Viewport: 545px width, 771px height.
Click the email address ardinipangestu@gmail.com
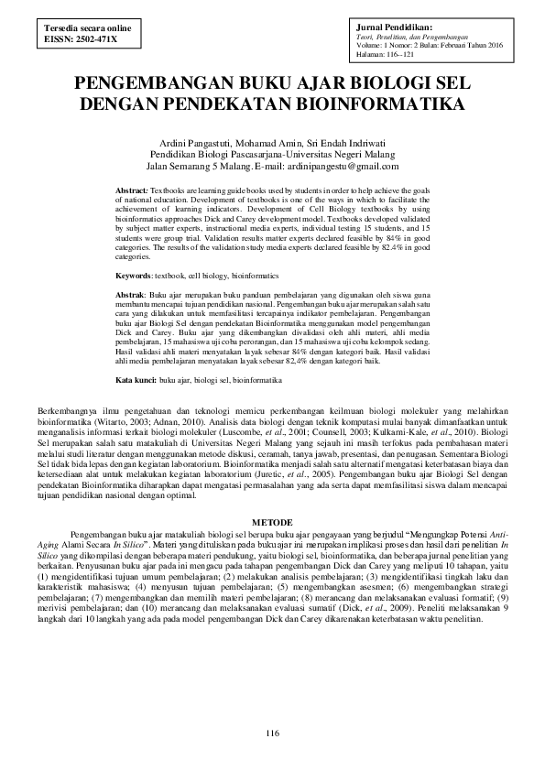tap(332, 166)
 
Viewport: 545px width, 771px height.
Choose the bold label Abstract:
tap(137, 189)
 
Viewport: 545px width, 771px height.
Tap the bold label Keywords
tap(134, 275)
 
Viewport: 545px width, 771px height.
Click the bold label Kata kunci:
tap(136, 378)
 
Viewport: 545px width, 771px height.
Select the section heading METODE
tap(271, 516)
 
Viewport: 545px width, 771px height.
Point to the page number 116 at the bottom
tap(271, 733)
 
